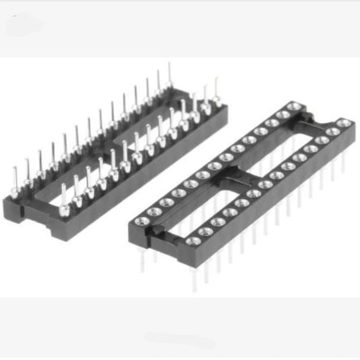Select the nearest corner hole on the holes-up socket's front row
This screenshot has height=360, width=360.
point(193,241)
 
